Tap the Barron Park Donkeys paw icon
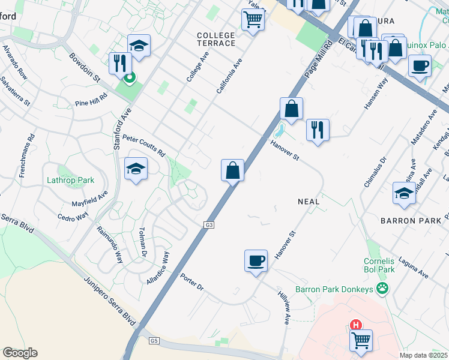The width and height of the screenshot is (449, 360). [383, 289]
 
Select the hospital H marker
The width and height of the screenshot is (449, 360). [356, 325]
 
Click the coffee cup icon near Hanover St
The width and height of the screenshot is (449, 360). [256, 261]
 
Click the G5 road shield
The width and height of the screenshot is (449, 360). [154, 341]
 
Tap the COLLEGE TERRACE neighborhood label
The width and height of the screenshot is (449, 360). [216, 40]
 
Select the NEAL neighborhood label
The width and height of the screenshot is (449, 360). [309, 202]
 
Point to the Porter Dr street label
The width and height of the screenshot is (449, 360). [193, 282]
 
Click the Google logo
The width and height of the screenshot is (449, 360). [20, 353]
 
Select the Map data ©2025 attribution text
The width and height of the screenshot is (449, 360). [424, 355]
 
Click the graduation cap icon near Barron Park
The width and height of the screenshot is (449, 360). [405, 193]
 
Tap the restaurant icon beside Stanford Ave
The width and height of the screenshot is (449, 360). [120, 63]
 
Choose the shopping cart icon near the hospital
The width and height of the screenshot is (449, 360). [361, 340]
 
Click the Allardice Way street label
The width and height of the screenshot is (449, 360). [158, 268]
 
